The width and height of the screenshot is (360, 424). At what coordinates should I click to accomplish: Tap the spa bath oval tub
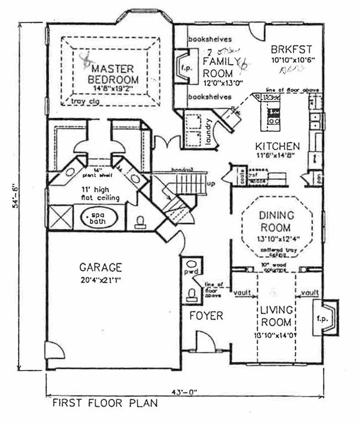point(100,218)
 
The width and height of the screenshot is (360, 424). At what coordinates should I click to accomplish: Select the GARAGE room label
point(100,268)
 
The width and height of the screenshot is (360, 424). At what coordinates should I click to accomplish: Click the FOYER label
point(206,316)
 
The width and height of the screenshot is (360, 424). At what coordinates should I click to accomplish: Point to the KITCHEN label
point(277,146)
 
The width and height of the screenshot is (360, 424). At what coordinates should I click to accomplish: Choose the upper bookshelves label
point(209,39)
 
